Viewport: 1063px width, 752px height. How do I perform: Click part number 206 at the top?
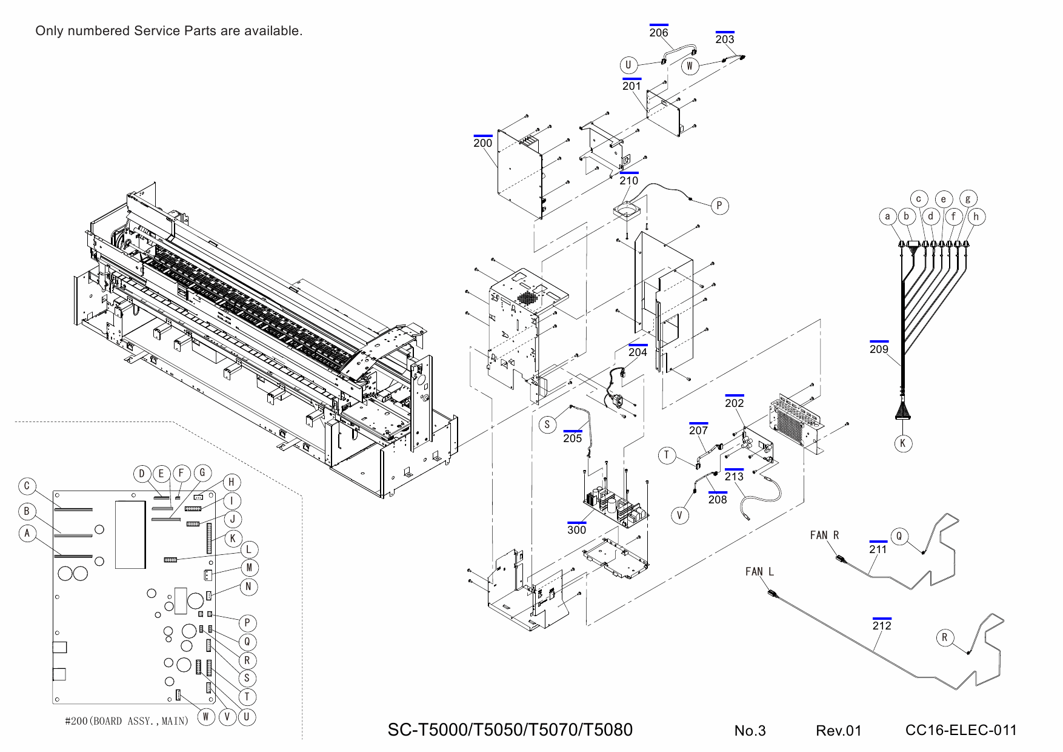pyautogui.click(x=658, y=33)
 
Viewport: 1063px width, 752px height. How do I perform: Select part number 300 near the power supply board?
pyautogui.click(x=576, y=529)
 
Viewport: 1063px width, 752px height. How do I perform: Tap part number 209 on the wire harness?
pyautogui.click(x=879, y=349)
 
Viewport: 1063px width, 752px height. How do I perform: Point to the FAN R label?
pyautogui.click(x=824, y=535)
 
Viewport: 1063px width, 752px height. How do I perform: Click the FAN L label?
pyautogui.click(x=759, y=571)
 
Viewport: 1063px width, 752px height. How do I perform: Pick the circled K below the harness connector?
pyautogui.click(x=902, y=443)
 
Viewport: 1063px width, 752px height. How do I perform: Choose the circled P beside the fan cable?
pyautogui.click(x=719, y=206)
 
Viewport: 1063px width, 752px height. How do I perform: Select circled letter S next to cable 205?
pyautogui.click(x=547, y=425)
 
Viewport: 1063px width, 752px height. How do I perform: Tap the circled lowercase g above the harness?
pyautogui.click(x=968, y=198)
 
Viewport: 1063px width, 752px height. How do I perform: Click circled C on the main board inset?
pyautogui.click(x=27, y=486)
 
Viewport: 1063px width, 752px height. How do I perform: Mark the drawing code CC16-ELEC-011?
pyautogui.click(x=961, y=730)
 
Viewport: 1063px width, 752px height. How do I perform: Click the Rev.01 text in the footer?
pyautogui.click(x=838, y=730)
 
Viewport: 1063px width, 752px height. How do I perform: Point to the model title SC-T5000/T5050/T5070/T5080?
pyautogui.click(x=510, y=730)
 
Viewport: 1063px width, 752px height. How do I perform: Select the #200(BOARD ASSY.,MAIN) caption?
pyautogui.click(x=127, y=720)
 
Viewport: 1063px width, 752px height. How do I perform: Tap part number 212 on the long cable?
pyautogui.click(x=882, y=625)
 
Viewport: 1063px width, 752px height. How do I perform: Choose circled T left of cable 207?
pyautogui.click(x=667, y=455)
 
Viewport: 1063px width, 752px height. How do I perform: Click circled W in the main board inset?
pyautogui.click(x=205, y=716)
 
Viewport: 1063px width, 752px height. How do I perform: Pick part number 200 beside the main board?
pyautogui.click(x=482, y=143)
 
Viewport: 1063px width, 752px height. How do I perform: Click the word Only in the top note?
pyautogui.click(x=49, y=30)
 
